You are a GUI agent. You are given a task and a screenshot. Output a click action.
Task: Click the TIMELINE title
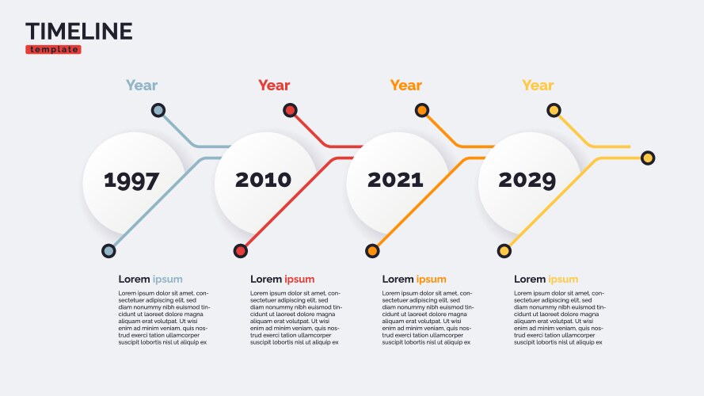(x=79, y=31)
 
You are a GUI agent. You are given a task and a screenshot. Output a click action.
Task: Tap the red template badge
(x=53, y=49)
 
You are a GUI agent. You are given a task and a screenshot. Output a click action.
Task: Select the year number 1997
(x=131, y=181)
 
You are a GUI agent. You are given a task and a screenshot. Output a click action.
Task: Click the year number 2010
(x=263, y=180)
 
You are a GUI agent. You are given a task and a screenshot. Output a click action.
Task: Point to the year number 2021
(x=395, y=180)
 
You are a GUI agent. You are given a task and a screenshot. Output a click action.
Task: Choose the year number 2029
(x=527, y=180)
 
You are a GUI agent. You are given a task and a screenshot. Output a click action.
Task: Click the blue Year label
(x=142, y=86)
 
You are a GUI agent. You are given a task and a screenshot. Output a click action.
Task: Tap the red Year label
(x=274, y=86)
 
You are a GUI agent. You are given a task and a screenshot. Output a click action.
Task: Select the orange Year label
(x=405, y=86)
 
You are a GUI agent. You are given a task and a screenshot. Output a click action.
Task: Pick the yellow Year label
(x=538, y=86)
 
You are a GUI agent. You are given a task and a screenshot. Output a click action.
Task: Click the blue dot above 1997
(x=158, y=110)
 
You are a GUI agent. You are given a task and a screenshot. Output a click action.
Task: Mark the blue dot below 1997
(x=108, y=251)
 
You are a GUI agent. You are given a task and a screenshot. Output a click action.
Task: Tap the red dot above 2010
(x=291, y=110)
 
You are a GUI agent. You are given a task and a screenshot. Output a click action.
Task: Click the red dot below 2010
(x=241, y=251)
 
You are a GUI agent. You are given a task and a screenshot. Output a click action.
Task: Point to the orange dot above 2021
(x=422, y=110)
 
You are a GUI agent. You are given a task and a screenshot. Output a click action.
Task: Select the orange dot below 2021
(x=372, y=251)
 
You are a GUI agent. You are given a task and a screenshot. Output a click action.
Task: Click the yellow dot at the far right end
(x=648, y=158)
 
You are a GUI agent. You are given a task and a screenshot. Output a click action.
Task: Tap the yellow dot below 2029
(x=504, y=251)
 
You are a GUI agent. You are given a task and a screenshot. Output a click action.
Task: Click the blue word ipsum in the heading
(x=168, y=280)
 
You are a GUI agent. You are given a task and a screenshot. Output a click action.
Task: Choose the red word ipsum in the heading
(x=299, y=280)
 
